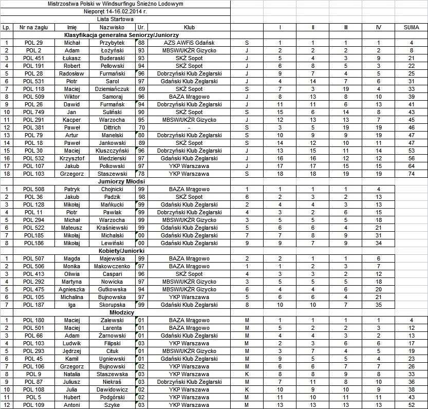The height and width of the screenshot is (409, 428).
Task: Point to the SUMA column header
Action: coord(412,27)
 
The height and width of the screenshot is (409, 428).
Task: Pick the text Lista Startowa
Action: coord(115,19)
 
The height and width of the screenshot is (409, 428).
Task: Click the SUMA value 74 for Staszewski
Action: coord(412,174)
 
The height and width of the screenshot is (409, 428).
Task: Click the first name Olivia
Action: coord(72,273)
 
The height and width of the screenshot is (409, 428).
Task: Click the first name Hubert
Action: coord(72,397)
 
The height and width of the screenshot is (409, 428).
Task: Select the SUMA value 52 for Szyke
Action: coord(412,404)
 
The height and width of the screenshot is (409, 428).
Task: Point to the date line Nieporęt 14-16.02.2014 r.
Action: coord(115,11)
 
